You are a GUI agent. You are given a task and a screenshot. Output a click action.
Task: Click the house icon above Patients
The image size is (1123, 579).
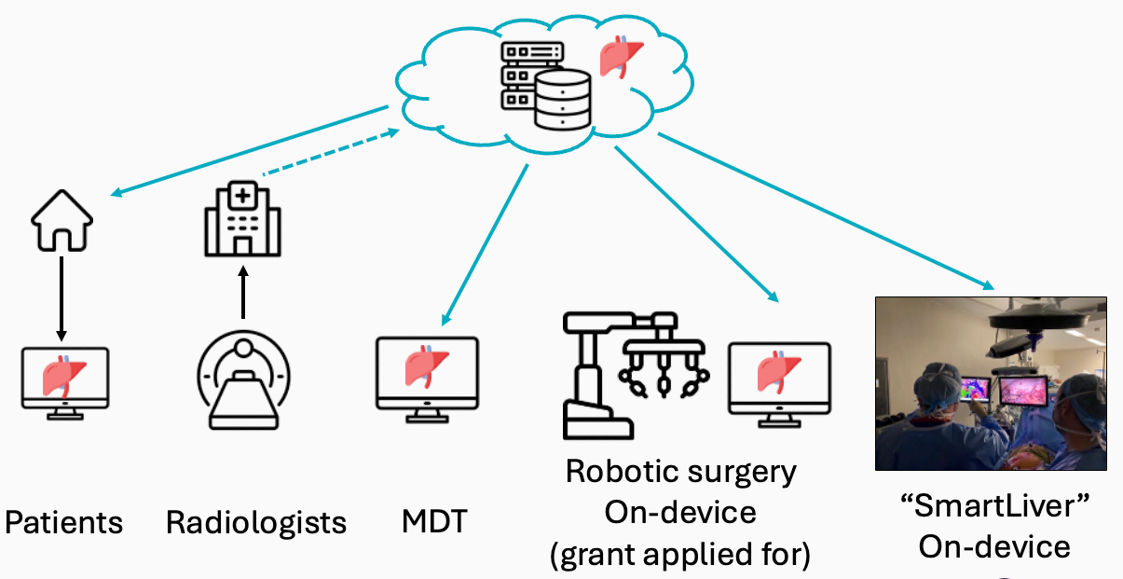[62, 221]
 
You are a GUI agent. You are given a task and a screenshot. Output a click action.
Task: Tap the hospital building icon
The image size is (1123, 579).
[242, 219]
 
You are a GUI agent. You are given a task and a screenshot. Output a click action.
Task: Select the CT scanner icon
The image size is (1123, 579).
[243, 379]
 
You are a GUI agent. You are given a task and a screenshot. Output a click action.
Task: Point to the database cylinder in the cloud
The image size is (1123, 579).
[563, 101]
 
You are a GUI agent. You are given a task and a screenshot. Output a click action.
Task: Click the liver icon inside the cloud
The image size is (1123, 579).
[622, 57]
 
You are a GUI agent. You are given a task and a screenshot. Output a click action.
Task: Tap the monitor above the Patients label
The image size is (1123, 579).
[65, 383]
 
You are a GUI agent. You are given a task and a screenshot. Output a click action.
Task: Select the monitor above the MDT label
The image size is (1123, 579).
[427, 379]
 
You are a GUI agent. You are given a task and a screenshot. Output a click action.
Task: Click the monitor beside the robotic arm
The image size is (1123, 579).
[780, 385]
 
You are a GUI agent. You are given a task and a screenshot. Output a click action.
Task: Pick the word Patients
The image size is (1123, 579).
[63, 523]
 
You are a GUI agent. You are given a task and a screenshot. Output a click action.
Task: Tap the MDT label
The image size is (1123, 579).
[434, 521]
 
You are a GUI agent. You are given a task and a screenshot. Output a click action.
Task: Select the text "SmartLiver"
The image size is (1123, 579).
[994, 505]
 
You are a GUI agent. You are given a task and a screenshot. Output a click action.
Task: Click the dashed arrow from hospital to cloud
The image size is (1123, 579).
[331, 152]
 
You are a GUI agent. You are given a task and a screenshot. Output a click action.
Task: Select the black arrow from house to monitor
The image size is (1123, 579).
[62, 299]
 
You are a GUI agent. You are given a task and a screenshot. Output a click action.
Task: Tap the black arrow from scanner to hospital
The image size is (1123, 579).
[243, 293]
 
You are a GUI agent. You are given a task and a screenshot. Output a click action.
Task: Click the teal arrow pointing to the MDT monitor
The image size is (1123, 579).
[485, 245]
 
